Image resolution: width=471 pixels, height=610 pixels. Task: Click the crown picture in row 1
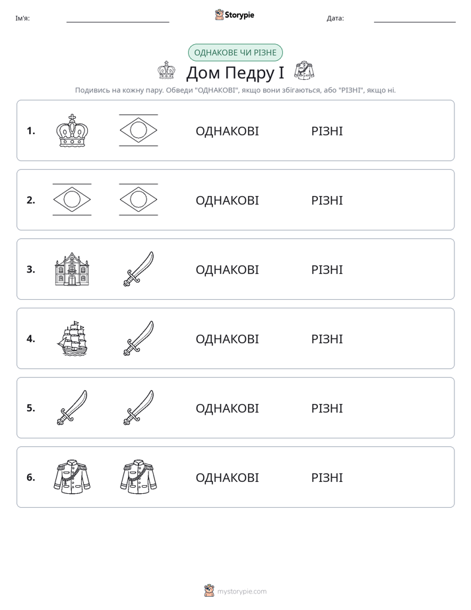[72, 131]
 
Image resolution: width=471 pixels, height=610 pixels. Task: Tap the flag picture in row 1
[139, 130]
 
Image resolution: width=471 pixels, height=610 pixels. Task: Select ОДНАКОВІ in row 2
[227, 200]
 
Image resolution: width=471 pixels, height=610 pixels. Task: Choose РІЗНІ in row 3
[327, 269]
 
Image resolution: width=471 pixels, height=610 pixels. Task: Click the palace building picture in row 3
[72, 269]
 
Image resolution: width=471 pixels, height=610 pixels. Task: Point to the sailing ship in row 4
[73, 339]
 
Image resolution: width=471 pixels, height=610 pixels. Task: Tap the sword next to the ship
[139, 339]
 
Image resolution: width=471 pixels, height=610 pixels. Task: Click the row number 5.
[31, 408]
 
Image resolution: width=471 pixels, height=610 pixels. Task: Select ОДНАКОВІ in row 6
[227, 478]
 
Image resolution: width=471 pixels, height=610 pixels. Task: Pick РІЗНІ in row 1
[327, 131]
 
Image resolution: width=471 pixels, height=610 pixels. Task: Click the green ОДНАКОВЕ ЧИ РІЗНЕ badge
[235, 53]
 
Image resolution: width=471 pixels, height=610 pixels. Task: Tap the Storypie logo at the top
[234, 15]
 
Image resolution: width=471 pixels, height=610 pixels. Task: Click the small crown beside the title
[166, 70]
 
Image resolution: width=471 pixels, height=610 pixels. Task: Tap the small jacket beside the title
[304, 71]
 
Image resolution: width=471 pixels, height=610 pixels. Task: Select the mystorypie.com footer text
[241, 592]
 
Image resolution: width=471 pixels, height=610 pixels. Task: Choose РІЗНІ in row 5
[327, 409]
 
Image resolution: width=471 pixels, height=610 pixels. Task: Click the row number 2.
[31, 200]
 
